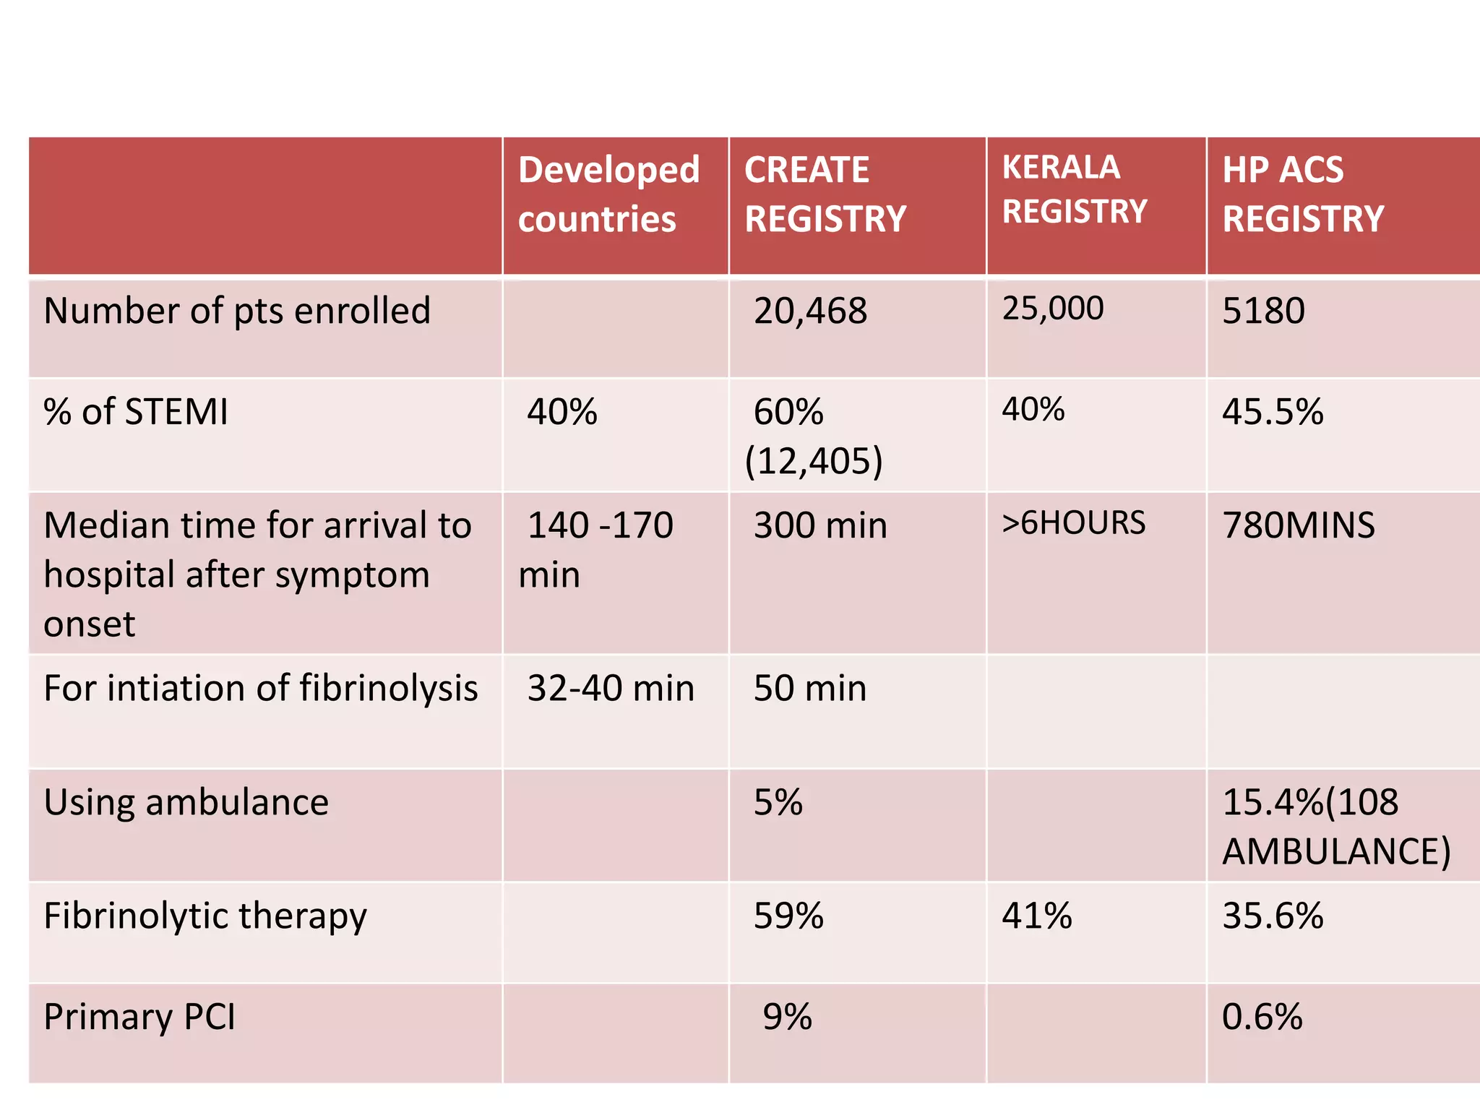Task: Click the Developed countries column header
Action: tap(608, 194)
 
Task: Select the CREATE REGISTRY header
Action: tap(825, 194)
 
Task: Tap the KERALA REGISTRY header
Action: tap(1074, 189)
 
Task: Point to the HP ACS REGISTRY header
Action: tap(1302, 194)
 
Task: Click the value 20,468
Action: tap(810, 311)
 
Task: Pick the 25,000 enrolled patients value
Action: tap(1052, 309)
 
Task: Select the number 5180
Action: tap(1263, 311)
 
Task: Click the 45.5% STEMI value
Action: tap(1272, 412)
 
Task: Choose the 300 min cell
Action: tap(819, 525)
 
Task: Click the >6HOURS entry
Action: tap(1073, 522)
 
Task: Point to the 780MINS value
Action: tap(1298, 525)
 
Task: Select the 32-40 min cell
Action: tap(610, 688)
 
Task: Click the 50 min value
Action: tap(809, 688)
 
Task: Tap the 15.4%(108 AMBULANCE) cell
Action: tap(1335, 827)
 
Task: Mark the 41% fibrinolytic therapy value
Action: tap(1036, 916)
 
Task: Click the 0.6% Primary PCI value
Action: tap(1262, 1017)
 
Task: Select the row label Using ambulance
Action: tap(186, 802)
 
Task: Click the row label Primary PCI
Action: tap(139, 1017)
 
